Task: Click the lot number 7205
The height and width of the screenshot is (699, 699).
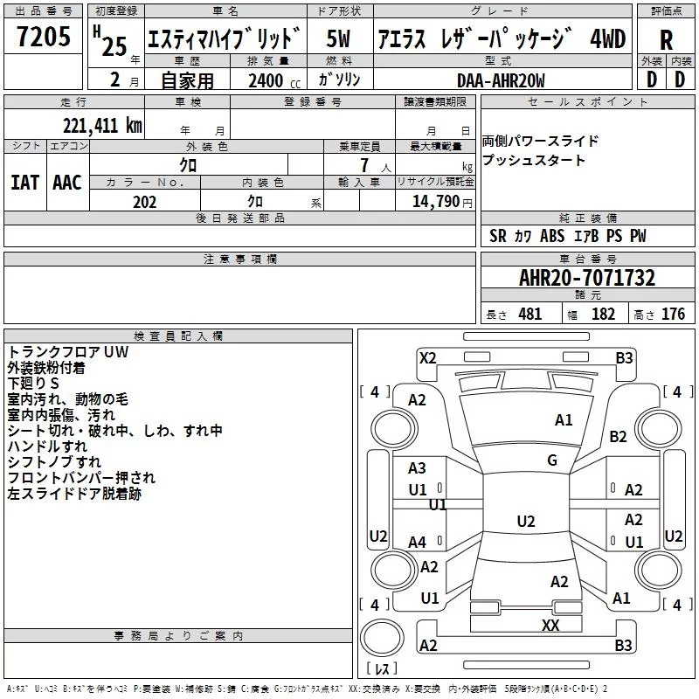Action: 44,37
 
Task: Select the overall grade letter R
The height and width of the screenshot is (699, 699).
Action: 666,40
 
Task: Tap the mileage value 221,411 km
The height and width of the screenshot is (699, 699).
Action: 102,126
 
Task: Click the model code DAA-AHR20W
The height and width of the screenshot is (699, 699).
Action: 501,80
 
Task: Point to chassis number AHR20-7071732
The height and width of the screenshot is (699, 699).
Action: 587,278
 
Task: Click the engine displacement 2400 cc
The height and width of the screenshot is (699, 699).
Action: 274,80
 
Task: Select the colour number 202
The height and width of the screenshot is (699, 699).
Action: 144,202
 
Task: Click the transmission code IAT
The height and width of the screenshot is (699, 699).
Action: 24,183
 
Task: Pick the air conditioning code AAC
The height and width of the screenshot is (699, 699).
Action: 67,183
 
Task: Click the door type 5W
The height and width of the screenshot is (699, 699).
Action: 338,38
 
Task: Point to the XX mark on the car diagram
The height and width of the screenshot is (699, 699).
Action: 550,626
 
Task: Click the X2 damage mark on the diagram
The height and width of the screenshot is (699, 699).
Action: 427,358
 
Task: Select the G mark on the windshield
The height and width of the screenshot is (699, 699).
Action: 552,460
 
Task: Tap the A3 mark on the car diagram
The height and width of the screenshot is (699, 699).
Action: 417,468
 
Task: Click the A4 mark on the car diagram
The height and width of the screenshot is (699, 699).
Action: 417,543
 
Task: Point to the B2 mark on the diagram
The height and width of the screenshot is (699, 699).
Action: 618,437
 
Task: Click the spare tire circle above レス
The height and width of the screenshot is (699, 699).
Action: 382,638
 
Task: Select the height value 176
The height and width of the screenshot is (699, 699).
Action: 673,314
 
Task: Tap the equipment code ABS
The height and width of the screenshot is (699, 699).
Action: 552,236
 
